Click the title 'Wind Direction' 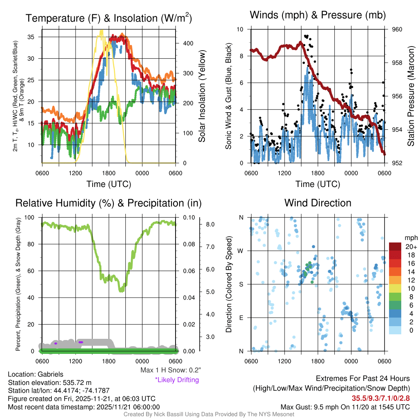[x=318, y=203]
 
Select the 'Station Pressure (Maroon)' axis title [x=411, y=96]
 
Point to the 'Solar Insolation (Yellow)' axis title [x=202, y=96]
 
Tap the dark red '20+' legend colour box [x=395, y=247]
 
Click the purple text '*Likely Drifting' [x=177, y=380]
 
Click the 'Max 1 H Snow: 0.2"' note [x=171, y=370]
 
